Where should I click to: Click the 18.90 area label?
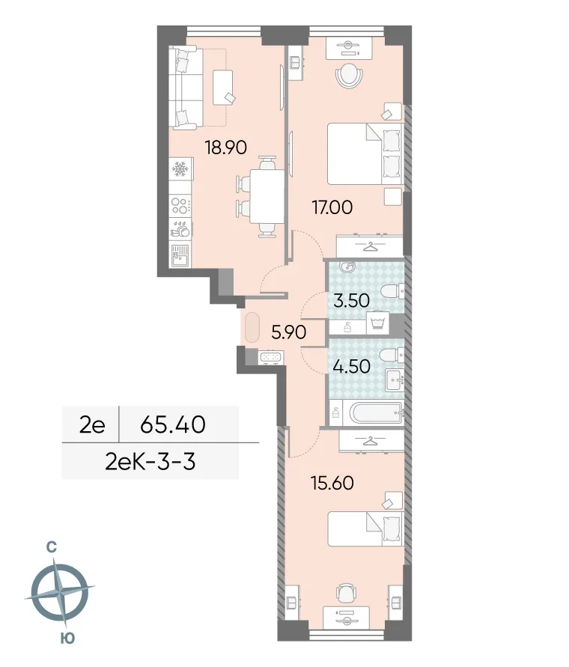tap(225, 147)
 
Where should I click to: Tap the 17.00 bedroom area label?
tap(332, 206)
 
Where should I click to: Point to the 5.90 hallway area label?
tap(288, 332)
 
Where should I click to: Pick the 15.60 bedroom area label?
tap(332, 483)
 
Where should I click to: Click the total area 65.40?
tap(173, 425)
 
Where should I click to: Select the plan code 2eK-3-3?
tap(150, 462)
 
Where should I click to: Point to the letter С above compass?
tap(52, 547)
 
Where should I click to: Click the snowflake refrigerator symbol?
tap(180, 171)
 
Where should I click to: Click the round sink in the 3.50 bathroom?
tap(347, 267)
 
